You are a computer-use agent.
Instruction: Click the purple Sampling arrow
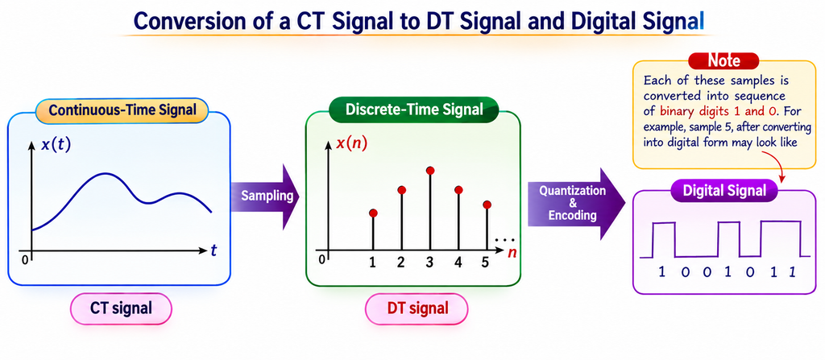pos(264,197)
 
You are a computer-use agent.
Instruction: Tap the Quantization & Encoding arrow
pos(576,203)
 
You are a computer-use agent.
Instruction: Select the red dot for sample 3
pos(430,171)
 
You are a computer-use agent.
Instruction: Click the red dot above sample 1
pos(373,213)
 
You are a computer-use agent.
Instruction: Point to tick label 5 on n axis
pos(486,262)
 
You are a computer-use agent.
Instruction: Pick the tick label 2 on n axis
pos(401,262)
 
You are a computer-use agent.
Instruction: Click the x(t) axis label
pos(56,144)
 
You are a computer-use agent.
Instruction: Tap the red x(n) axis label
pos(352,143)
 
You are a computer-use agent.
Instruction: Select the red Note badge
pos(724,61)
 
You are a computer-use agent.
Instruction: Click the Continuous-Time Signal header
pos(122,111)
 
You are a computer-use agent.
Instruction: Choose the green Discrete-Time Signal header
pos(413,110)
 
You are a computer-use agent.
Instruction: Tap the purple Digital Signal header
pos(724,191)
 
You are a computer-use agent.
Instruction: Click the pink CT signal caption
pos(121,308)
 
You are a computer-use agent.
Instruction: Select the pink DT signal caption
pos(417,308)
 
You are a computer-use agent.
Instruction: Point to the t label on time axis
pos(214,251)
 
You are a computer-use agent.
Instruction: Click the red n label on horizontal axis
pos(512,253)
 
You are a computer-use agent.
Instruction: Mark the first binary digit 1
pos(662,271)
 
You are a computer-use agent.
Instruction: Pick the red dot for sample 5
pos(487,205)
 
